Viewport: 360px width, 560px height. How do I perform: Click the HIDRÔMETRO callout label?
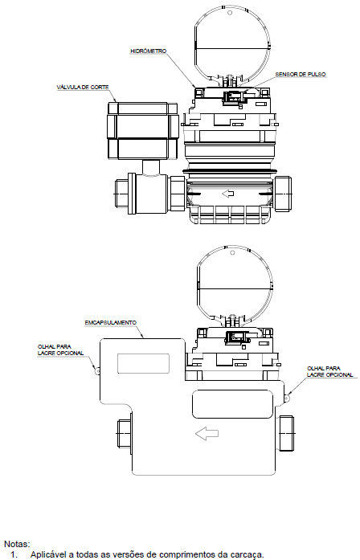click(x=148, y=51)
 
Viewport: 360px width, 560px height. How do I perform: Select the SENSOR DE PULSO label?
click(x=301, y=74)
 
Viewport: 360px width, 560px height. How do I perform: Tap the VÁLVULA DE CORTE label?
click(x=83, y=87)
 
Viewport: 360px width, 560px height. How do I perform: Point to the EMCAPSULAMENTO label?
click(x=111, y=322)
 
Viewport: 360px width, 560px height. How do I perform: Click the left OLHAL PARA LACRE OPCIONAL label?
click(x=61, y=349)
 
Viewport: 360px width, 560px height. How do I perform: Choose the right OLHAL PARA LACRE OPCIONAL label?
click(x=330, y=371)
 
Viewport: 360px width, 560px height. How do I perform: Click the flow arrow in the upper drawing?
click(x=228, y=194)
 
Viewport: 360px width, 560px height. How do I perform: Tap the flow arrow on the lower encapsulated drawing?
click(x=207, y=434)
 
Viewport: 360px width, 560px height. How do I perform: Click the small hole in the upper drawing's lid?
click(x=230, y=13)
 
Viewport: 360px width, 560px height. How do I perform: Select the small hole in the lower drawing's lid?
click(x=232, y=252)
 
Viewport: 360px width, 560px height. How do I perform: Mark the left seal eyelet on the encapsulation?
click(x=97, y=370)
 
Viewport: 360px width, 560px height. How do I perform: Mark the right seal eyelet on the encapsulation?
click(x=287, y=397)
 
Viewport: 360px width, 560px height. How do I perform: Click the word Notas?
click(x=17, y=544)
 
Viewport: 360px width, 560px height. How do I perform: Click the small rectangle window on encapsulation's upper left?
click(x=143, y=364)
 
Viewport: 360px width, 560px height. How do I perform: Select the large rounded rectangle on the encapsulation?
click(x=232, y=404)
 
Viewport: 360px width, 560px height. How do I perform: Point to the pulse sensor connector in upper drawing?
click(x=232, y=97)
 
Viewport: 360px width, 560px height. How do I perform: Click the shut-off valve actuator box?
click(x=143, y=131)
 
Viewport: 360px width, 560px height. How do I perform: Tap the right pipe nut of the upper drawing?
click(x=283, y=194)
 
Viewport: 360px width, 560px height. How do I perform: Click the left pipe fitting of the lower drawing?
click(x=125, y=433)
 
